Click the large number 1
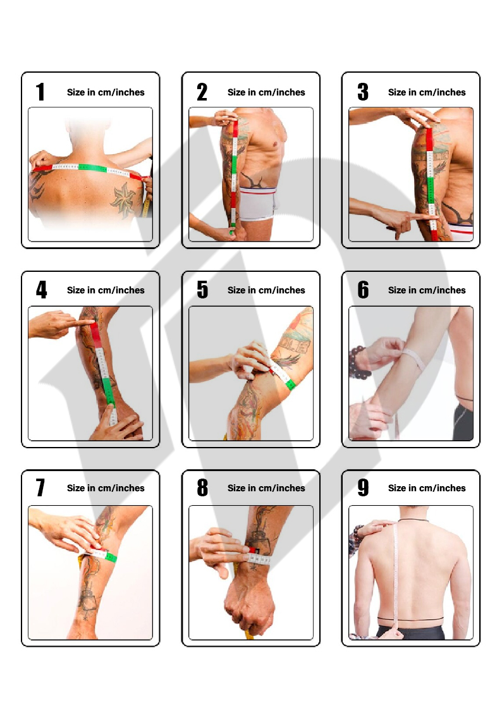click(x=40, y=92)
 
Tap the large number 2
click(x=202, y=92)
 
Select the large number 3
click(x=362, y=92)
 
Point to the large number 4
click(x=42, y=290)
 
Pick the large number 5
click(x=202, y=290)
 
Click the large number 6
click(x=363, y=290)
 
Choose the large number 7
click(x=40, y=487)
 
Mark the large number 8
click(x=202, y=487)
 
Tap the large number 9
click(x=363, y=487)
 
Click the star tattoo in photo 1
click(x=124, y=199)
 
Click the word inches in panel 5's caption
click(x=290, y=290)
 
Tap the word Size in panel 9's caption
click(x=397, y=488)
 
